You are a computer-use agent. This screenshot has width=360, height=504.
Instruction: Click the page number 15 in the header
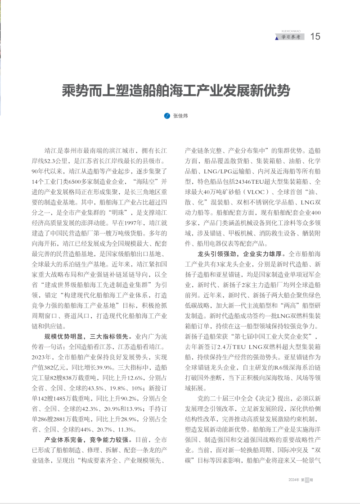[315, 36]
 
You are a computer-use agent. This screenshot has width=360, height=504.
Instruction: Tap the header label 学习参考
[291, 37]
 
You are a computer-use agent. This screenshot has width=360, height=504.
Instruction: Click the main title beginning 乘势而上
[176, 91]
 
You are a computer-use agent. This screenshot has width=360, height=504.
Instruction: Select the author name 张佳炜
[180, 116]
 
